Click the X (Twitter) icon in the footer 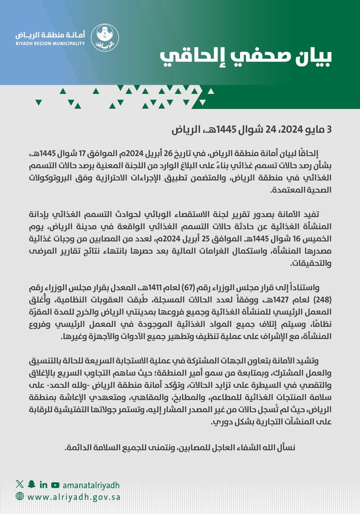pos(19,484)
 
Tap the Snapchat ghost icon pos(31,484)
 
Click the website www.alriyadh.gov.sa pos(73,496)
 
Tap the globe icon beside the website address pos(20,496)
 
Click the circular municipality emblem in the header pos(104,38)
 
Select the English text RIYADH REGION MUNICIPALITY pos(50,44)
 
